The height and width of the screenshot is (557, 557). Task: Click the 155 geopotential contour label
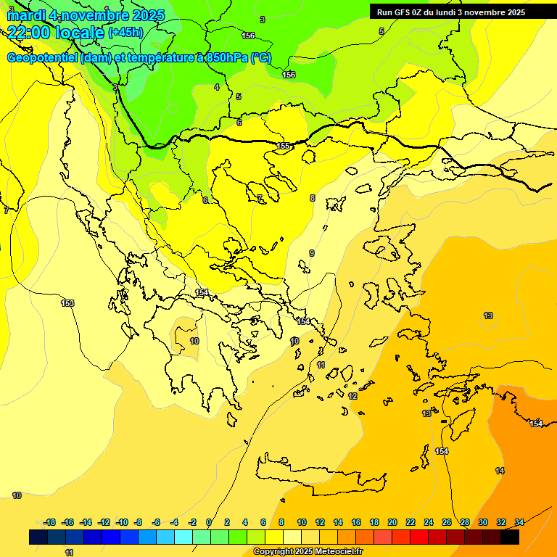[x=284, y=147]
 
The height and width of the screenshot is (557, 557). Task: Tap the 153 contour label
[x=67, y=303]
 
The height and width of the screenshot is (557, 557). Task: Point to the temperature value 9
[x=312, y=253]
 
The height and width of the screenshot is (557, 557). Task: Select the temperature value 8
[x=313, y=198]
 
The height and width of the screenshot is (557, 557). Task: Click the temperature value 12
[x=352, y=396]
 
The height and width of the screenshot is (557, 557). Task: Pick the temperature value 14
[x=500, y=471]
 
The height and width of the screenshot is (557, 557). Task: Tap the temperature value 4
[x=216, y=87]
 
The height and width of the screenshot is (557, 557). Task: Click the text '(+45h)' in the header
[x=125, y=33]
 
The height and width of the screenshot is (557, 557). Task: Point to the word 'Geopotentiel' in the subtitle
[x=43, y=58]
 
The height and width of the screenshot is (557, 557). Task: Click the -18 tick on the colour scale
[x=49, y=522]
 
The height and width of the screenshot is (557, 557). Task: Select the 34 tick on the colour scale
[x=519, y=522]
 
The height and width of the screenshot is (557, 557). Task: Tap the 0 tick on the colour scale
[x=209, y=522]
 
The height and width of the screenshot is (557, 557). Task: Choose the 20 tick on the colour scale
[x=392, y=522]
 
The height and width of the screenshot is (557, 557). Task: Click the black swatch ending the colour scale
[x=510, y=537]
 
